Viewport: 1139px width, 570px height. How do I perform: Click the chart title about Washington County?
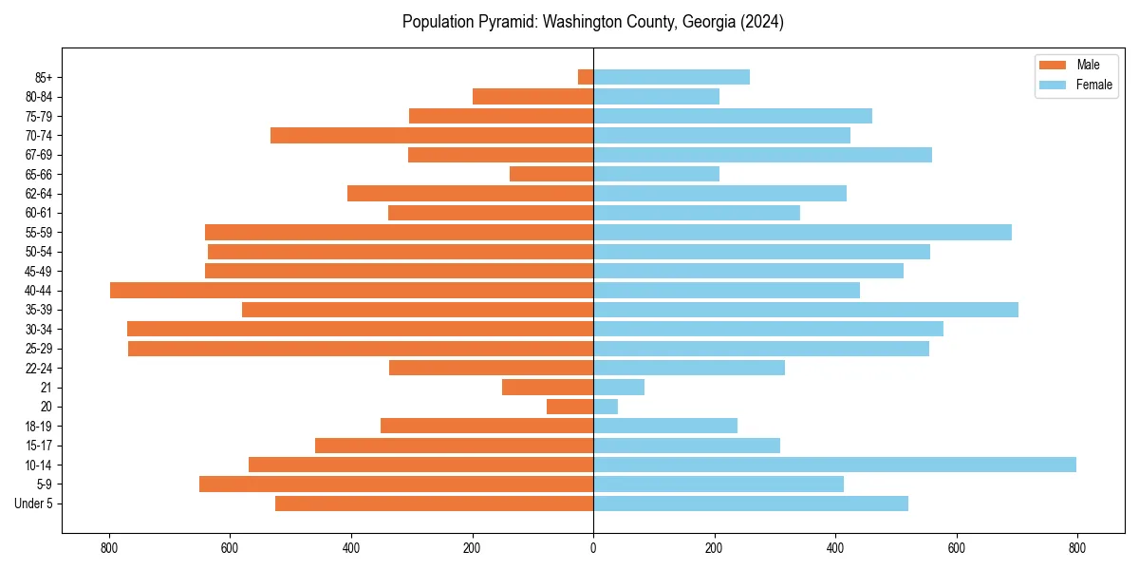(x=592, y=22)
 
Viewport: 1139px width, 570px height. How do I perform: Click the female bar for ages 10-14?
(x=834, y=465)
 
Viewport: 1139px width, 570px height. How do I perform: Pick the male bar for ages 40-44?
(x=351, y=291)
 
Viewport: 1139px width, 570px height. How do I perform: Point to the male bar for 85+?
(x=586, y=77)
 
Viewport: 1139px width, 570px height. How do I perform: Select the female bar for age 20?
(x=606, y=407)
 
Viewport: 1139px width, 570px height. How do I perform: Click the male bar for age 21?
(x=548, y=388)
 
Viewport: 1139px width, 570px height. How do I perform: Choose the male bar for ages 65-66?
(x=551, y=174)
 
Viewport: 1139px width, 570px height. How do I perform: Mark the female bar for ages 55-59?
(x=802, y=233)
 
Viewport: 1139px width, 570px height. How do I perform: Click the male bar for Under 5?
(x=434, y=503)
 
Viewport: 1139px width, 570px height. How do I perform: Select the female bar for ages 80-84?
(x=656, y=97)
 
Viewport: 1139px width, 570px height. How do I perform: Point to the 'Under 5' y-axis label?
(x=33, y=503)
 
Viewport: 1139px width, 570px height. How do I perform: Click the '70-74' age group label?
(x=39, y=136)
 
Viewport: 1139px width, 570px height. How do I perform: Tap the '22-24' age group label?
(x=39, y=369)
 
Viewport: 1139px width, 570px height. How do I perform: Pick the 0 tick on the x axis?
(x=593, y=548)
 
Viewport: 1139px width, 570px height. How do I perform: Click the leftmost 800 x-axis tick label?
(x=109, y=548)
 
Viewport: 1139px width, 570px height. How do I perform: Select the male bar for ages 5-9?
(x=396, y=484)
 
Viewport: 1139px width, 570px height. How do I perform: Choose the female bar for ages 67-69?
(x=762, y=155)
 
